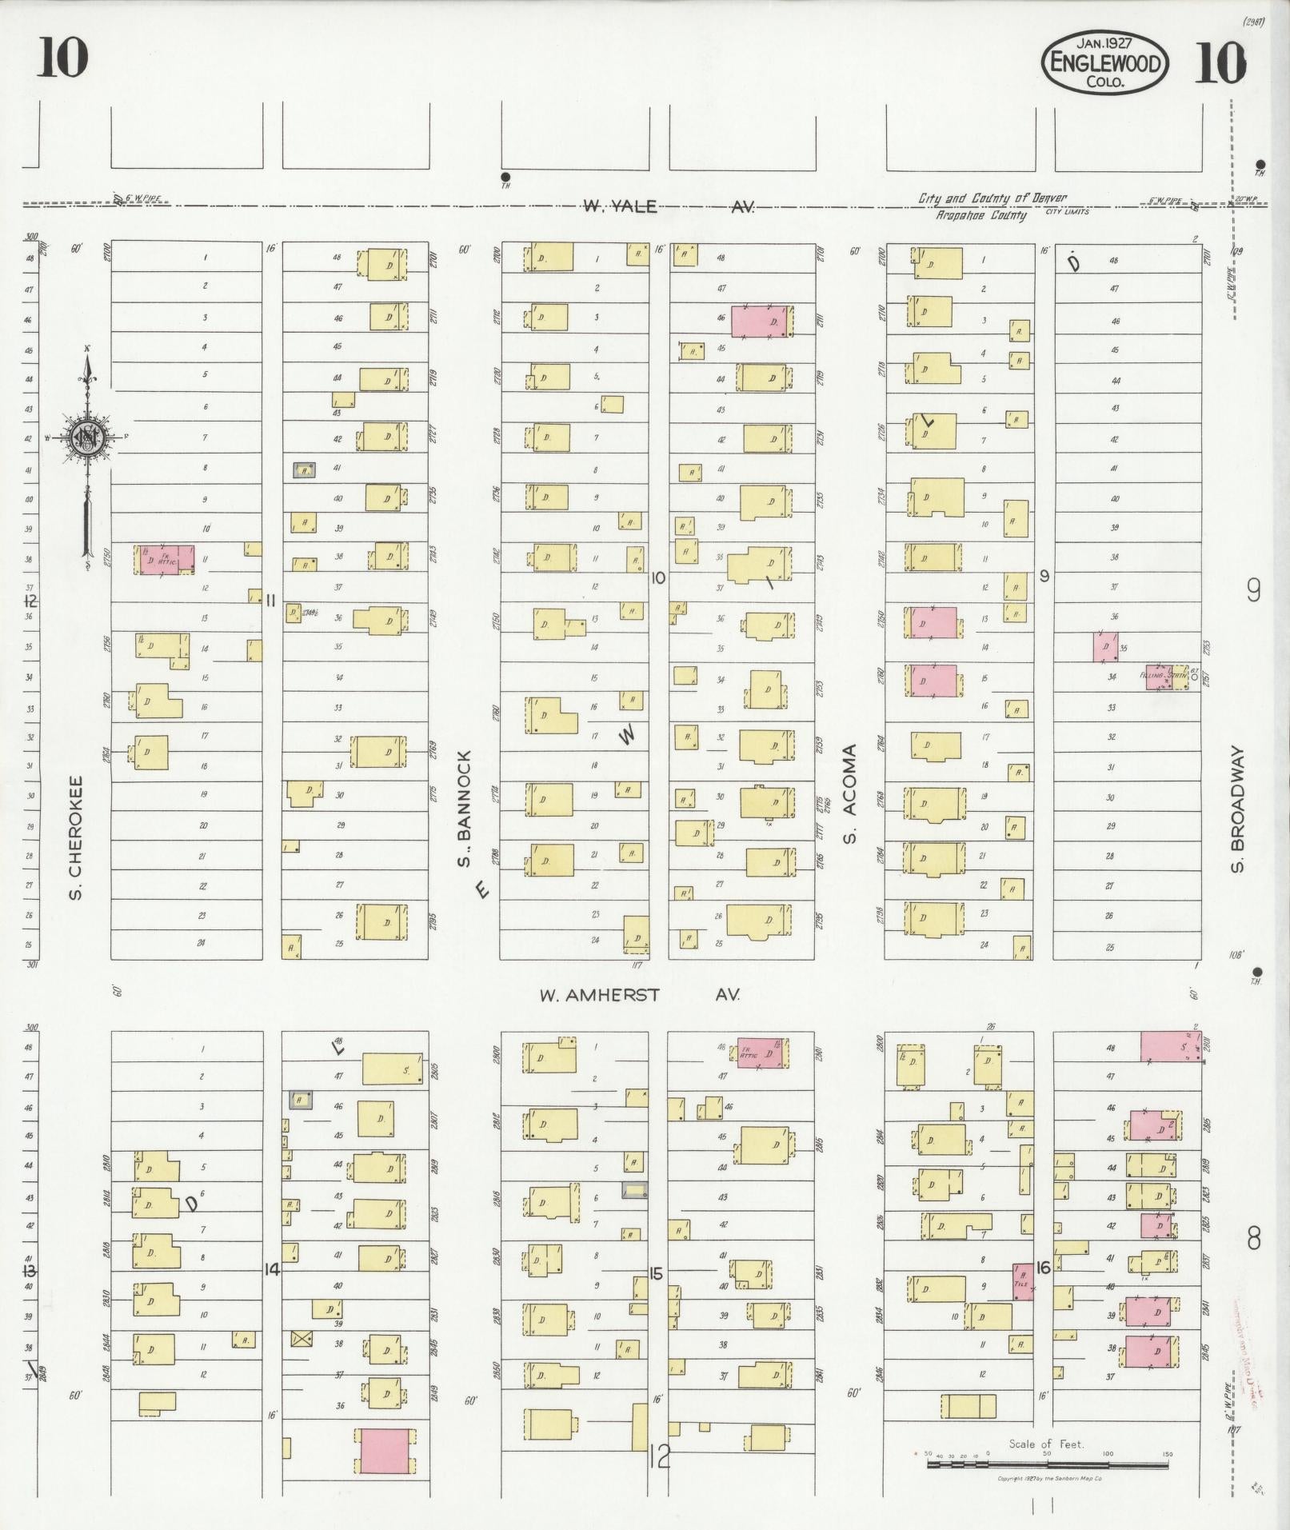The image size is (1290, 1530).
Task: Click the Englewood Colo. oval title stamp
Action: click(x=1104, y=62)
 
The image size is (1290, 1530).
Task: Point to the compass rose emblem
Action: click(x=85, y=436)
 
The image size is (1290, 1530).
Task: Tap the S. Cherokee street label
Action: click(x=76, y=836)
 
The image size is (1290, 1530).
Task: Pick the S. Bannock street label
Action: click(x=464, y=808)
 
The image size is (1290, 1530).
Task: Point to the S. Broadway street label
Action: click(x=1239, y=809)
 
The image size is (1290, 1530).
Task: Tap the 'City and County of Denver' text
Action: click(x=991, y=198)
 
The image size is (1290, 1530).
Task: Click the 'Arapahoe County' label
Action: click(x=981, y=215)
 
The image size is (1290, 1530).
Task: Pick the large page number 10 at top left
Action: click(x=62, y=58)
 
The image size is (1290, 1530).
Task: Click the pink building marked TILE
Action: click(x=1023, y=1280)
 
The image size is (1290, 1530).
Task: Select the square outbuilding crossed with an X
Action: click(x=302, y=1338)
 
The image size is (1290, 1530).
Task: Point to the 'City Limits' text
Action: click(x=1067, y=213)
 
